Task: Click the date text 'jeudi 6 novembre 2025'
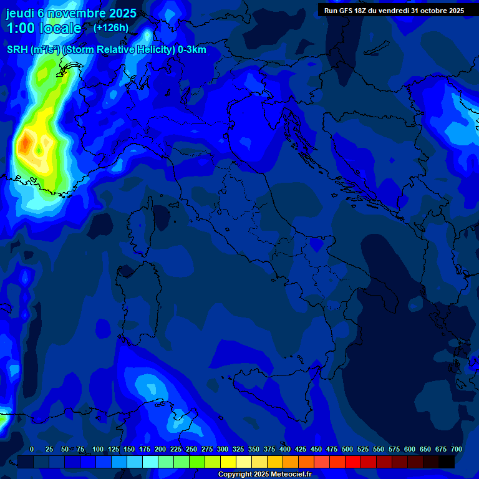(71, 13)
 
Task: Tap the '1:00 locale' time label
(44, 28)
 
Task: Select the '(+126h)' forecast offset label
(110, 27)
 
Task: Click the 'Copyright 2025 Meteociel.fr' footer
(269, 474)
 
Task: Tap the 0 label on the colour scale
(32, 449)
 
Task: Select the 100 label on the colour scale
(98, 449)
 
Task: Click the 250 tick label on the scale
(191, 449)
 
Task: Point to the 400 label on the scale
(285, 449)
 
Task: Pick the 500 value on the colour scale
(347, 449)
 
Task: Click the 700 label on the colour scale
(457, 449)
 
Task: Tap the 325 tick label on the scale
(238, 449)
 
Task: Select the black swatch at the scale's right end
(446, 462)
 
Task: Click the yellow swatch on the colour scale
(228, 462)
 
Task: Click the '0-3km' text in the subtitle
(192, 50)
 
